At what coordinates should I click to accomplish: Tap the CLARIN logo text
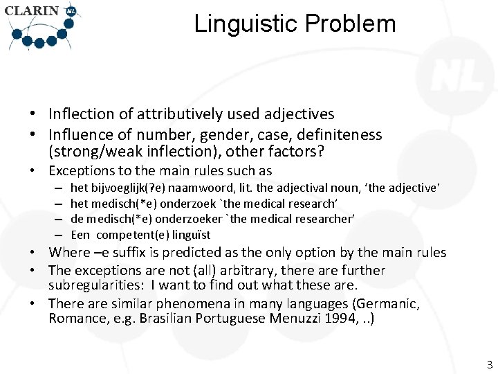(x=32, y=11)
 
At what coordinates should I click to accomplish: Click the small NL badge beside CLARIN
(x=71, y=11)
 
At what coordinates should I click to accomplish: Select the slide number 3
(x=490, y=365)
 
